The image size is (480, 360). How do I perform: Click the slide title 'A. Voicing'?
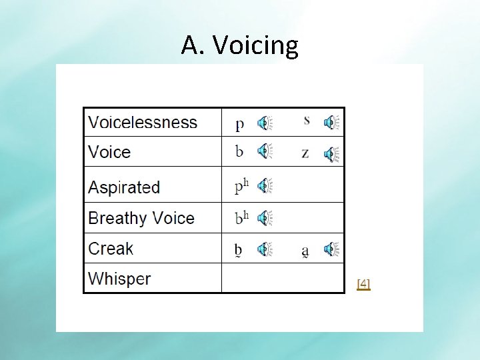239,45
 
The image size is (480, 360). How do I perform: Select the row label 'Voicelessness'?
143,123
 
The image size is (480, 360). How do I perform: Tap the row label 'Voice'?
109,152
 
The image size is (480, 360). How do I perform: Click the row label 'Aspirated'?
124,187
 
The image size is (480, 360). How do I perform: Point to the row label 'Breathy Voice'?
141,218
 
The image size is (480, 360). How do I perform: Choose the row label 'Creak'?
111,249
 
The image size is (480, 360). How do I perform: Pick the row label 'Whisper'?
119,279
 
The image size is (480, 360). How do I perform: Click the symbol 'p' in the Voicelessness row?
239,124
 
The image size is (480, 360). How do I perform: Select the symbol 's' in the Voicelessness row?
306,121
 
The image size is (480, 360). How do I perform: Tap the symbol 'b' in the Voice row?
239,151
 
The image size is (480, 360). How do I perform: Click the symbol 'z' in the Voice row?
305,153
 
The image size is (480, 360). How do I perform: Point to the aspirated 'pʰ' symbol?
241,186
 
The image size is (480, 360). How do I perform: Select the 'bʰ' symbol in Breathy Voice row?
241,217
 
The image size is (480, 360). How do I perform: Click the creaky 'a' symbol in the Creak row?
305,251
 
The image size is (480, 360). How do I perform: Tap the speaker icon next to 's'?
331,123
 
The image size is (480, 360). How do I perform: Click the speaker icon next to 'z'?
331,155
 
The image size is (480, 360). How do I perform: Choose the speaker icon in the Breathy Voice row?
265,217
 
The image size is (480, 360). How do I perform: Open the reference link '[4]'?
363,284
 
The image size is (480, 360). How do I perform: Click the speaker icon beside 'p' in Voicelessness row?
265,123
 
